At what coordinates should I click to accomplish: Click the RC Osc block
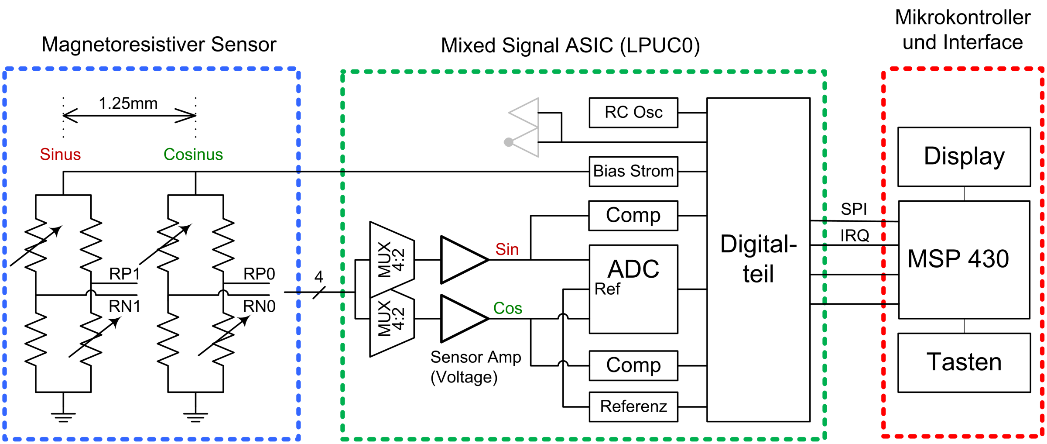(x=633, y=113)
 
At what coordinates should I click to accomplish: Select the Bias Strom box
(x=633, y=171)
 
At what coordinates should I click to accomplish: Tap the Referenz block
(x=633, y=406)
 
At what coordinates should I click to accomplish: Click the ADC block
(x=633, y=289)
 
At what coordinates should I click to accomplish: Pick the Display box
(x=964, y=157)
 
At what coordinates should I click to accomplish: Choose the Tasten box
(x=964, y=362)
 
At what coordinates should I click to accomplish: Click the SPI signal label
(x=854, y=209)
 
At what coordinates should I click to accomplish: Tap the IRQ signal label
(x=855, y=236)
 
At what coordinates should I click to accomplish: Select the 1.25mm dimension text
(x=128, y=103)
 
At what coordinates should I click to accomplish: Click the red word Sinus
(x=60, y=155)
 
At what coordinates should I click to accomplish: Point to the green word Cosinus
(x=193, y=155)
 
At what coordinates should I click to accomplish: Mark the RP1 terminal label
(x=124, y=274)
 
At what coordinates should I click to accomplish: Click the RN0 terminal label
(x=259, y=306)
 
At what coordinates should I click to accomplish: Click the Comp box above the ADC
(x=633, y=215)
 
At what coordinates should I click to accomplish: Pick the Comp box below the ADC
(x=633, y=365)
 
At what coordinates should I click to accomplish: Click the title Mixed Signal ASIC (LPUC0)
(x=570, y=45)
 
